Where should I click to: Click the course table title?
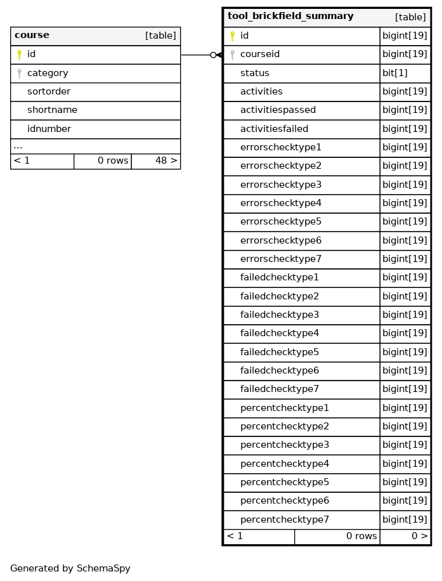point(32,36)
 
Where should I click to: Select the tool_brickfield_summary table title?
point(290,16)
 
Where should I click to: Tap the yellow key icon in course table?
point(19,55)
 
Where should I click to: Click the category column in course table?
point(48,73)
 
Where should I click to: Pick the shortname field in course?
point(52,110)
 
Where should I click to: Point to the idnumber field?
point(49,129)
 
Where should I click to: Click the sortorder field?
point(48,92)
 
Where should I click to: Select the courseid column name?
point(259,55)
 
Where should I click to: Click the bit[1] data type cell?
point(394,73)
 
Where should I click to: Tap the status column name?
point(254,73)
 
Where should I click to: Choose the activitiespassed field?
point(278,110)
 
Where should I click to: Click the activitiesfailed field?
point(274,129)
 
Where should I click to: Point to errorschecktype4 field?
point(280,204)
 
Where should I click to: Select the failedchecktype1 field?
point(279,278)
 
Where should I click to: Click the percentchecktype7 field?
point(284,519)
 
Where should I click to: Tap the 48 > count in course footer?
point(166,161)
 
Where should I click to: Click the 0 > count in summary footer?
point(419,537)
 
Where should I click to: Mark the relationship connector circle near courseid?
point(213,55)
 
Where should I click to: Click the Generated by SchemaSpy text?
point(70,568)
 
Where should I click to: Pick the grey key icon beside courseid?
point(232,55)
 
